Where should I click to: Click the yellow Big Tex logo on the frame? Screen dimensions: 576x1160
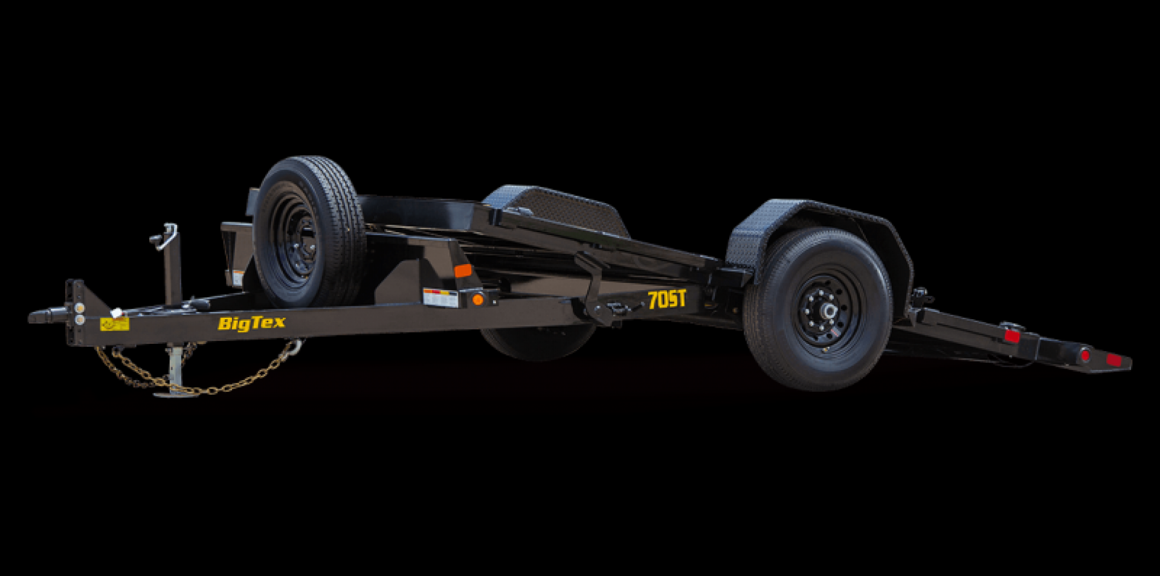[251, 323]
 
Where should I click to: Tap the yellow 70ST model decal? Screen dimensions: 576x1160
[667, 299]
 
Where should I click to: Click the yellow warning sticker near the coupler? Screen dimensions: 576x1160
[114, 325]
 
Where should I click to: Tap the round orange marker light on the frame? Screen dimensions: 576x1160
[478, 299]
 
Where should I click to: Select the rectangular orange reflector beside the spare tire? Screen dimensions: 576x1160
[463, 271]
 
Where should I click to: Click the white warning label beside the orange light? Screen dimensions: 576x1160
[440, 297]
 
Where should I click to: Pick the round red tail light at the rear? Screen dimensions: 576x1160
[1085, 355]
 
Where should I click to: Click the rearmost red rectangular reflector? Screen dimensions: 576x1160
[1113, 360]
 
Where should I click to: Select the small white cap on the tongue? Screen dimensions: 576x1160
[117, 312]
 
